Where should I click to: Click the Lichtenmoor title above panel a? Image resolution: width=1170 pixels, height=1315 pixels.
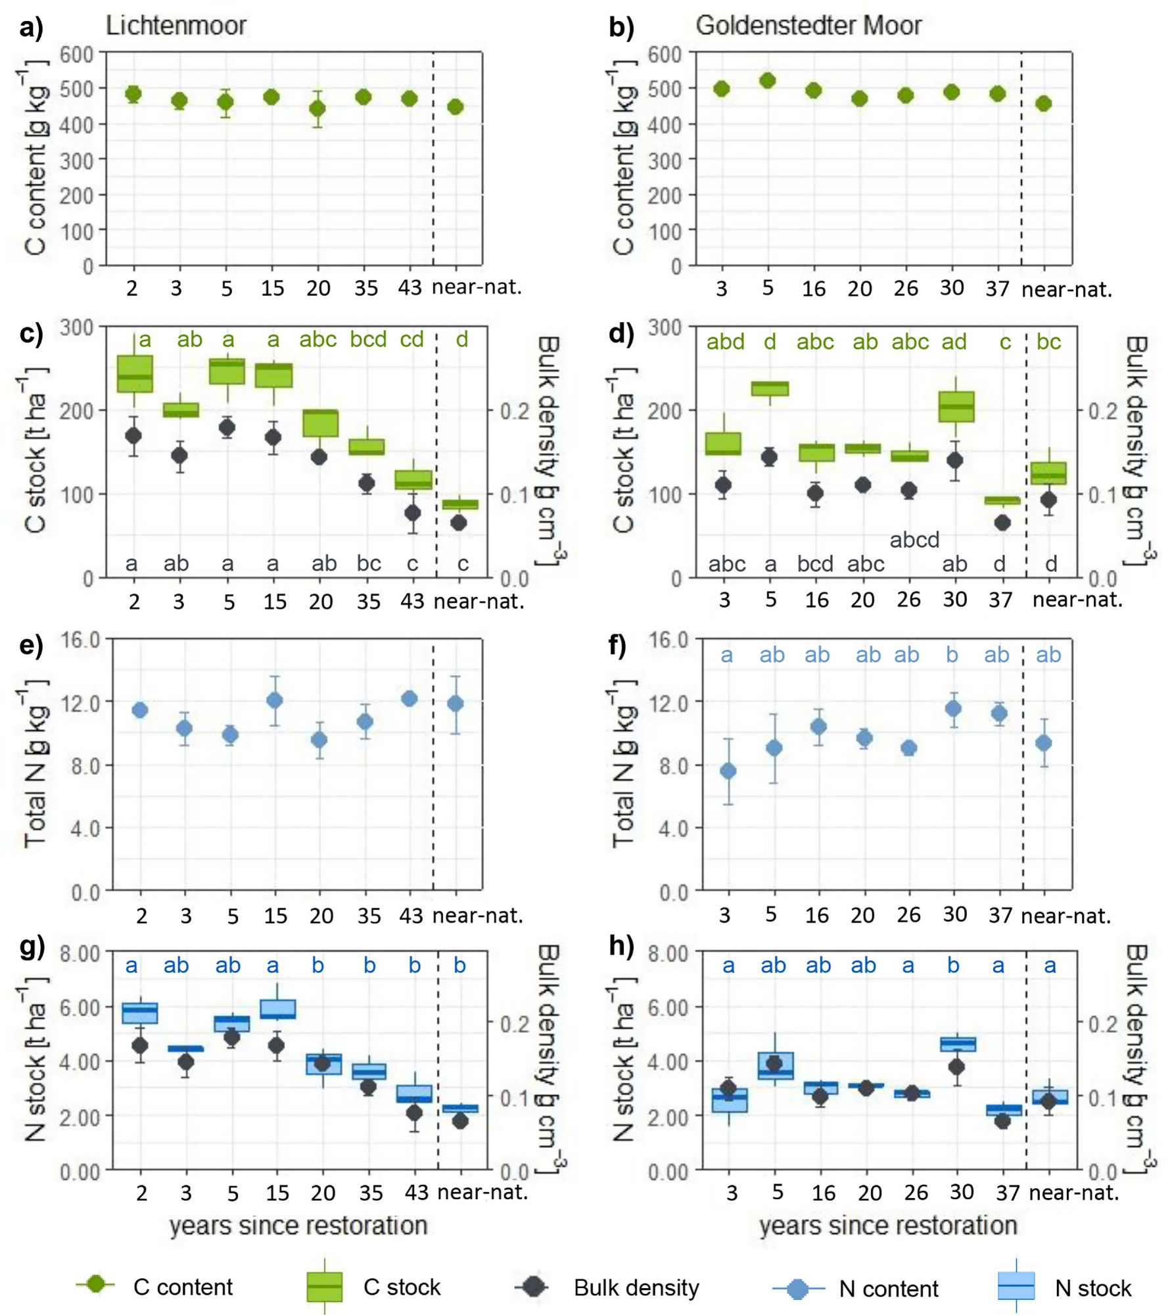[x=175, y=26]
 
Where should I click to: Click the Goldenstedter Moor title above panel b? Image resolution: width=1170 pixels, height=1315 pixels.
[x=808, y=26]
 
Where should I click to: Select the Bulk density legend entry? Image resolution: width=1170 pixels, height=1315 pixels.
[x=608, y=1287]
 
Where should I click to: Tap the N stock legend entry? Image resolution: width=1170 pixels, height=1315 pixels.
[x=1065, y=1287]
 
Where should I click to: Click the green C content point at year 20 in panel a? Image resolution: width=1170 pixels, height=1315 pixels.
[x=317, y=108]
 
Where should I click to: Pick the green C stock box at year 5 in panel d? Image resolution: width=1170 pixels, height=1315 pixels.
[x=770, y=388]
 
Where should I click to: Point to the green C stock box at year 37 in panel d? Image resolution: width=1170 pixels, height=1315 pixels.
[x=1002, y=500]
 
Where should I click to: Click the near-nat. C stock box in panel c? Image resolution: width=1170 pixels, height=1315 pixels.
[x=459, y=504]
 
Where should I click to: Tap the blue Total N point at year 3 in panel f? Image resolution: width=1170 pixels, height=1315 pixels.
[x=728, y=771]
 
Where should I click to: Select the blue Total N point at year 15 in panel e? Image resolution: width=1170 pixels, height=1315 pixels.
[x=275, y=700]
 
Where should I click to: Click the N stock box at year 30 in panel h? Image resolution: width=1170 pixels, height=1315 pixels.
[x=958, y=1043]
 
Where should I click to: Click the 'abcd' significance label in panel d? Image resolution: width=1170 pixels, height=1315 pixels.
[x=914, y=540]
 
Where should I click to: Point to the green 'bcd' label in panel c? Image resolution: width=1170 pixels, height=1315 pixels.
[x=367, y=339]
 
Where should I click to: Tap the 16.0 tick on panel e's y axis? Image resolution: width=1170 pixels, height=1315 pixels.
[x=80, y=640]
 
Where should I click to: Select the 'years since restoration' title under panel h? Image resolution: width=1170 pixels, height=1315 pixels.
[x=887, y=1225]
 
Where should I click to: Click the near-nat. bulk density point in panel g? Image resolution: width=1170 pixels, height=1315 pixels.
[x=460, y=1121]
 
